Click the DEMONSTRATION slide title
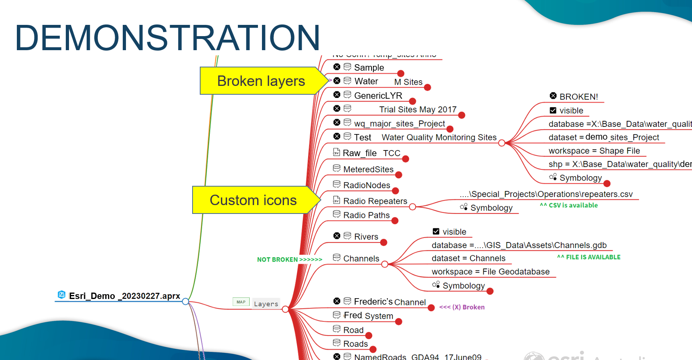167,37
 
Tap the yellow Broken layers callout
261,81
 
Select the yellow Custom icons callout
253,200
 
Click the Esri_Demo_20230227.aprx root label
124,296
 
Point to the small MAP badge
241,302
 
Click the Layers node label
266,304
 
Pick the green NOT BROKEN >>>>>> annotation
289,260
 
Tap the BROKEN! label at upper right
578,97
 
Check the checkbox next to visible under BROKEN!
553,110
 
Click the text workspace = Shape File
594,151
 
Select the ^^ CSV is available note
568,205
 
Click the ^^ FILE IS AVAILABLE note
589,257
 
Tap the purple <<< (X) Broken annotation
462,307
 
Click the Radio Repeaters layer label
375,201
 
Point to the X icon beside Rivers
337,236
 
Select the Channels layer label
361,258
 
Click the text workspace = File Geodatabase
490,272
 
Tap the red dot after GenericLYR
412,101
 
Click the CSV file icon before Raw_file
337,152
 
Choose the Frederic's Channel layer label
390,302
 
